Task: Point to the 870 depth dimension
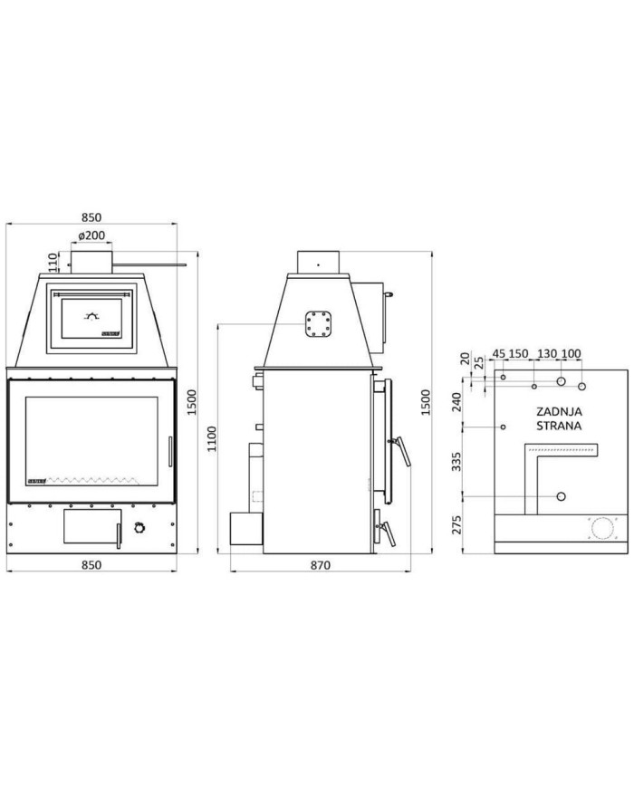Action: pos(319,564)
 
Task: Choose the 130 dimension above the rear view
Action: pos(548,353)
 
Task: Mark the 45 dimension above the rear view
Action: pos(498,353)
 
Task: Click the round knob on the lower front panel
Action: pos(139,528)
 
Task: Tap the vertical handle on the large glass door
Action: pos(167,448)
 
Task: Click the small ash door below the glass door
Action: pos(91,526)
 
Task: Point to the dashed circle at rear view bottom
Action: pos(600,527)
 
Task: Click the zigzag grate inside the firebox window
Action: pos(91,478)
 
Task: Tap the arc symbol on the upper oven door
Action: pos(91,316)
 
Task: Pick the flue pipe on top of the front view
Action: pos(91,261)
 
